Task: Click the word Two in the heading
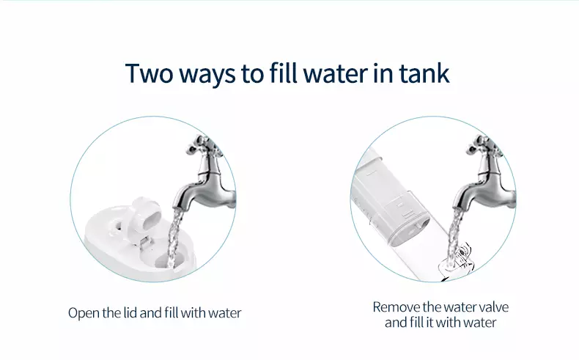coord(149,73)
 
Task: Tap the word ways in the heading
coord(207,76)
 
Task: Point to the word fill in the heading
coord(283,73)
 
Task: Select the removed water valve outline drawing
coord(457,262)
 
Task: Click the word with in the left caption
coord(194,313)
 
